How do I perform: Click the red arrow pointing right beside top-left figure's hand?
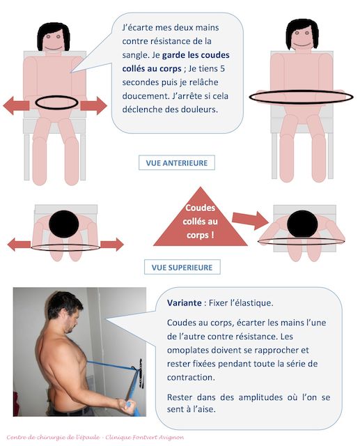93,105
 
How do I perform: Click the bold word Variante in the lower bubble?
185,304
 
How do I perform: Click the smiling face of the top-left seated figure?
53,39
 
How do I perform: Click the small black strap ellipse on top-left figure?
56,102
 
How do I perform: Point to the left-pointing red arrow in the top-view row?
19,245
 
